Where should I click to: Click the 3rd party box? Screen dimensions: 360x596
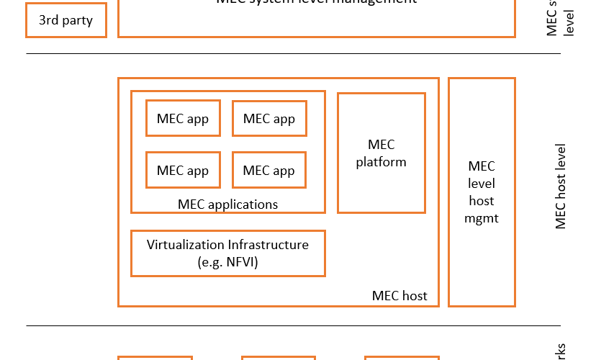click(66, 20)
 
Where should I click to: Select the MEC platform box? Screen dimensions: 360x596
click(381, 153)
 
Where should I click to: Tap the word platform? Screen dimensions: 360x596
click(381, 163)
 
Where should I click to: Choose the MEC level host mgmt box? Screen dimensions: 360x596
click(482, 192)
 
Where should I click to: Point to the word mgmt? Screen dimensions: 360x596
click(482, 218)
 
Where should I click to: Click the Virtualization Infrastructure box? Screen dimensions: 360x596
click(227, 253)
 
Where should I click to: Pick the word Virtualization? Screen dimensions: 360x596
click(185, 245)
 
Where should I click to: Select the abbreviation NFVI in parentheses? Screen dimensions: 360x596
click(237, 262)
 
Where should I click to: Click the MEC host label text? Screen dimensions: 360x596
click(399, 296)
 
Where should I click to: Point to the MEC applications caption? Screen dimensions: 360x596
click(227, 204)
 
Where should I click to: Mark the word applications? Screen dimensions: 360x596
click(242, 204)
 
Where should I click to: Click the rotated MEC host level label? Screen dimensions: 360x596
click(561, 186)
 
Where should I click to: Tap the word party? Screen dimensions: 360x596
click(77, 20)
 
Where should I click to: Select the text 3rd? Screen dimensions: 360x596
click(49, 20)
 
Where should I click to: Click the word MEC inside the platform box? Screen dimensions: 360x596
click(381, 145)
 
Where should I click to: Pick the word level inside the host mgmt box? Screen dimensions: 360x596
click(482, 183)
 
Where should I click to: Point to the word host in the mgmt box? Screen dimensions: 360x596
click(482, 201)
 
